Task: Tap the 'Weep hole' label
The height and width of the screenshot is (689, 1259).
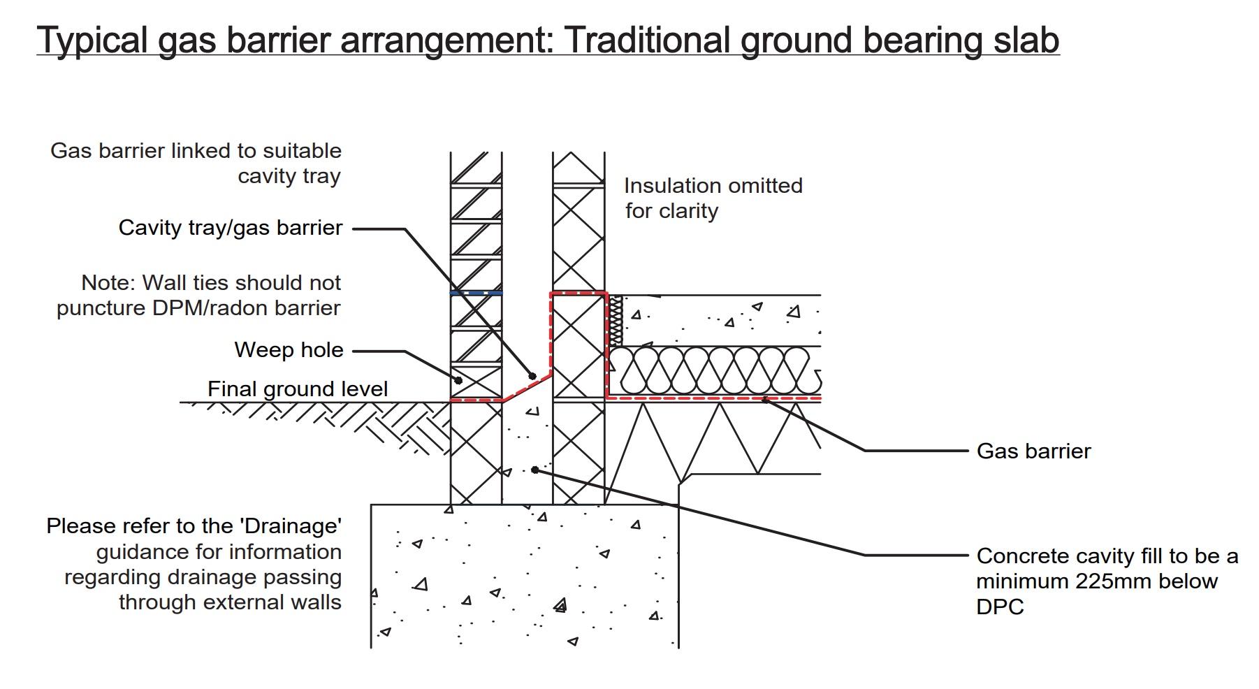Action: pyautogui.click(x=289, y=349)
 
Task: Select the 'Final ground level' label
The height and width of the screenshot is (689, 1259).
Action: pyautogui.click(x=298, y=389)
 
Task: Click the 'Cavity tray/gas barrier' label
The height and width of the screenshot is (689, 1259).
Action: pyautogui.click(x=231, y=228)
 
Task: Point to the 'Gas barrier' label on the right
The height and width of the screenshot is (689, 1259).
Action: pyautogui.click(x=1033, y=451)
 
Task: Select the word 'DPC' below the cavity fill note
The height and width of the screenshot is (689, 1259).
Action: pyautogui.click(x=1000, y=607)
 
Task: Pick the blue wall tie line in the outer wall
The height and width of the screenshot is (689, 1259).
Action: pyautogui.click(x=476, y=293)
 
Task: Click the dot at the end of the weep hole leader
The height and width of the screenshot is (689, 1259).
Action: pyautogui.click(x=458, y=380)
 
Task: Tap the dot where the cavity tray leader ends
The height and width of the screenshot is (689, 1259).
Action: pyautogui.click(x=532, y=376)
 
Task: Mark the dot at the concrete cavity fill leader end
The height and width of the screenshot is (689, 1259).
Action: pyautogui.click(x=534, y=470)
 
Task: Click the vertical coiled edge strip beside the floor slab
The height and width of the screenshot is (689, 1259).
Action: pyautogui.click(x=616, y=320)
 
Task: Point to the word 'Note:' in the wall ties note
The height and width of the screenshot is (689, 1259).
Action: pyautogui.click(x=108, y=282)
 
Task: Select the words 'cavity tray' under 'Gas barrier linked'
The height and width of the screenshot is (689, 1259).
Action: pyautogui.click(x=289, y=176)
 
